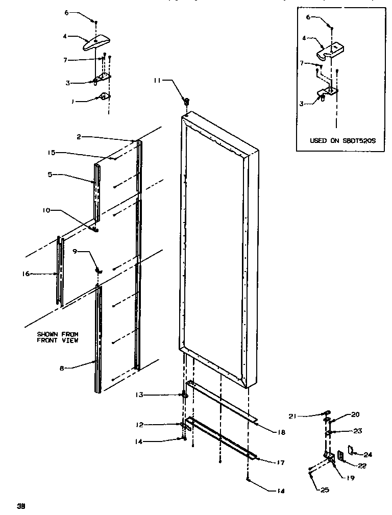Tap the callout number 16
26,274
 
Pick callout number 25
325,490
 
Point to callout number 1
73,102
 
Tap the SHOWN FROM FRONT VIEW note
57,337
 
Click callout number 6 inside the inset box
308,17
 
